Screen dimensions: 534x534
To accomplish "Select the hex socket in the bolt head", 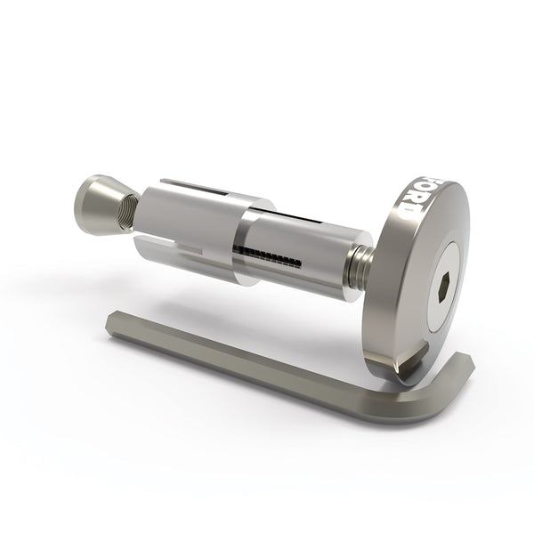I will [x=443, y=288].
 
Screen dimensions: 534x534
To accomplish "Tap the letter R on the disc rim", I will [x=415, y=200].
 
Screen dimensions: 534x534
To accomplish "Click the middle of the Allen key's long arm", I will [x=258, y=366].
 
